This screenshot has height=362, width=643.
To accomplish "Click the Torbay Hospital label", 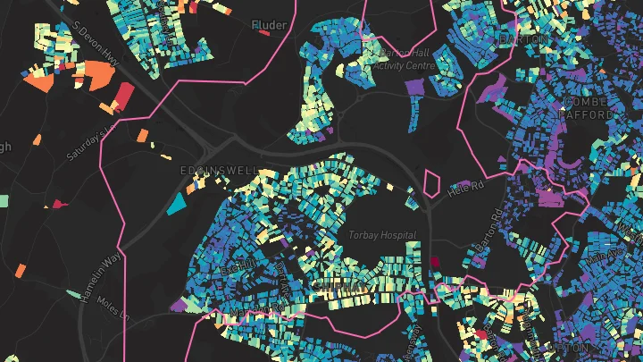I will [x=384, y=235].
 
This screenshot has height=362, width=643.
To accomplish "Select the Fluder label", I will [x=269, y=25].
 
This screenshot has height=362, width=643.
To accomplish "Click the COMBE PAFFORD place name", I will [x=586, y=108].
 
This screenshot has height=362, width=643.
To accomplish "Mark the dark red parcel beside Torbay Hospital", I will [x=436, y=263].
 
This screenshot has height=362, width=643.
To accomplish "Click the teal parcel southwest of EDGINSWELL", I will [x=177, y=204].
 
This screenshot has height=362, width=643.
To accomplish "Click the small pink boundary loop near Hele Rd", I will [x=432, y=183].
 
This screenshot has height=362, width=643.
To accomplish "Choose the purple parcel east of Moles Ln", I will [x=179, y=305].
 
